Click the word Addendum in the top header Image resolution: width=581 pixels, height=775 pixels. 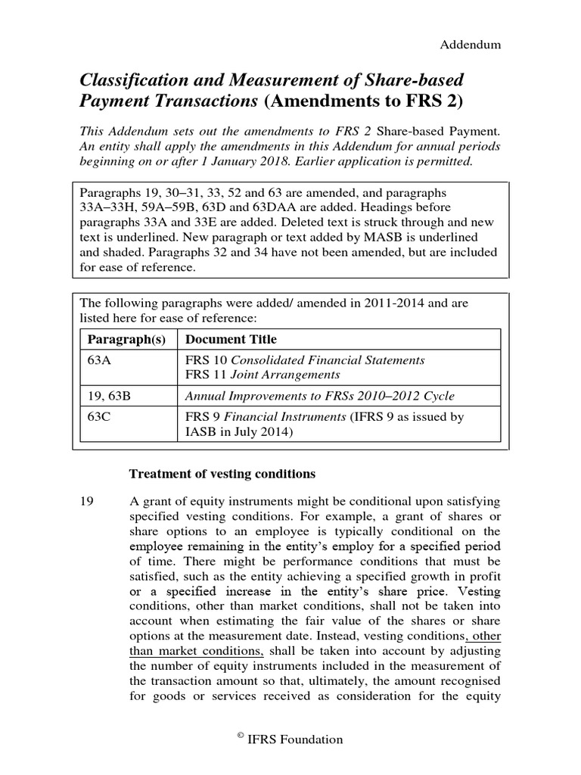click(471, 45)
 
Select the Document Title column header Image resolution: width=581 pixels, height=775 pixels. click(231, 339)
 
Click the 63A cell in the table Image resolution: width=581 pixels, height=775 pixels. click(100, 360)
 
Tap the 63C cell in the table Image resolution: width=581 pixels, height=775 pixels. click(100, 417)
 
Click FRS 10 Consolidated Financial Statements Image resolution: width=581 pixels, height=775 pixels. click(304, 360)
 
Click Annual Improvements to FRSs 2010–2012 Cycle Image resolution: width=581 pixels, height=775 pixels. click(320, 396)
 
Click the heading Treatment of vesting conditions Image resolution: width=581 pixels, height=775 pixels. click(222, 475)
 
